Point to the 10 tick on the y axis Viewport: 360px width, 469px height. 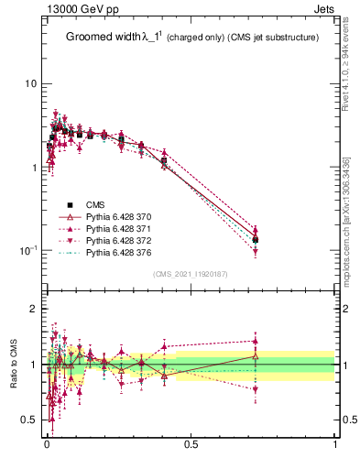30,84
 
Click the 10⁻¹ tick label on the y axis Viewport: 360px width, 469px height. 27,251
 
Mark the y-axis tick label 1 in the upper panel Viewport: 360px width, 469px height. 33,168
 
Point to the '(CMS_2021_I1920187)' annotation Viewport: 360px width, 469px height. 190,274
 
